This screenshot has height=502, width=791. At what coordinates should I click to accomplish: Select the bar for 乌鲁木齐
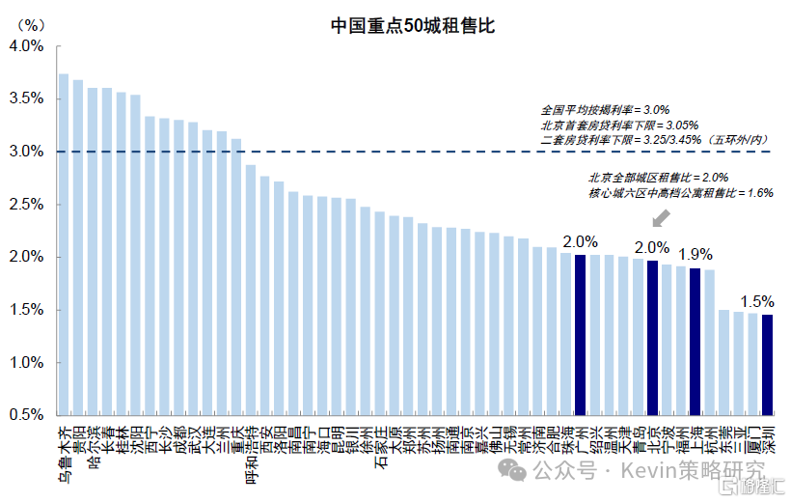(64, 241)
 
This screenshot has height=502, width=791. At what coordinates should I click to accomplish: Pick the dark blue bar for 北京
(652, 338)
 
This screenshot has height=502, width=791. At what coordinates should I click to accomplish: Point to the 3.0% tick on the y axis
(26, 152)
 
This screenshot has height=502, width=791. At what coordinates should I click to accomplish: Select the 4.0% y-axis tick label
(26, 45)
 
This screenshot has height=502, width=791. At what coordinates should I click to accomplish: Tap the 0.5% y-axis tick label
(26, 415)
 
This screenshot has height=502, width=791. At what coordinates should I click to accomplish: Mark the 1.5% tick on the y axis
(26, 310)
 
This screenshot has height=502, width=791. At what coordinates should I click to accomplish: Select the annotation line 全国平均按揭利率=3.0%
(606, 110)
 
